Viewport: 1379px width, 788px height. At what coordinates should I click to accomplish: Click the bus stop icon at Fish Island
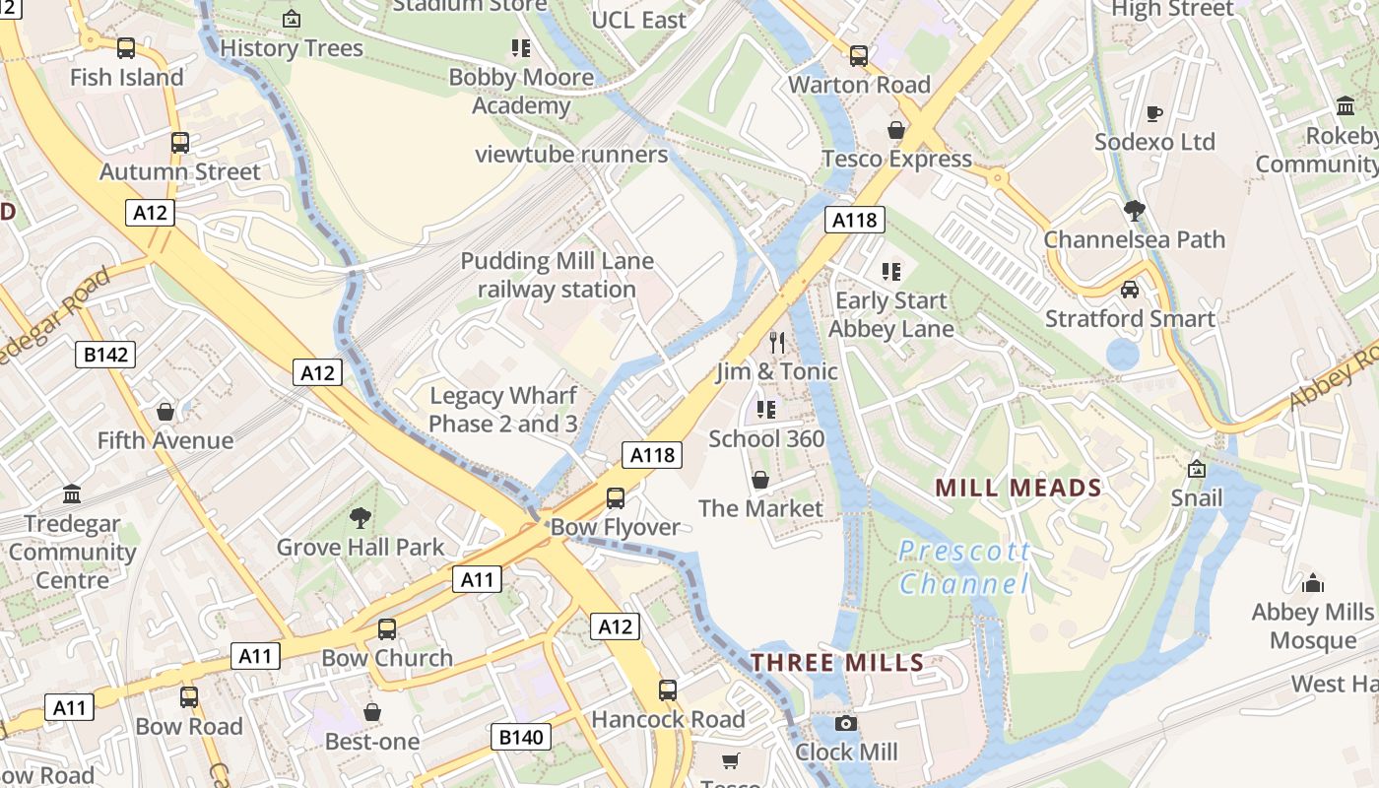click(x=126, y=47)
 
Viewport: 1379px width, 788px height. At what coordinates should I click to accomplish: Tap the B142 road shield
click(x=105, y=355)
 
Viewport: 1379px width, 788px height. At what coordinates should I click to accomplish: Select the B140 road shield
click(x=520, y=737)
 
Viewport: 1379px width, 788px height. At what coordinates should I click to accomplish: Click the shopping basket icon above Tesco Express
click(x=896, y=130)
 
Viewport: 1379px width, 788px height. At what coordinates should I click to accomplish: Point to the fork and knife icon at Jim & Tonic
click(x=778, y=343)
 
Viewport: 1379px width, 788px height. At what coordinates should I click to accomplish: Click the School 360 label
click(x=766, y=438)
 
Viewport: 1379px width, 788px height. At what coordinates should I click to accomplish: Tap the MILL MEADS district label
click(x=1018, y=488)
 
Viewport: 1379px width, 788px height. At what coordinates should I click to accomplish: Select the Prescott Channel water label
click(x=964, y=567)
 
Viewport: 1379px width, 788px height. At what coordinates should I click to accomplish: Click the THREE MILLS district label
click(x=837, y=662)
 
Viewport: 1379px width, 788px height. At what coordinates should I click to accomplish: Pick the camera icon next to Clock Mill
click(x=845, y=724)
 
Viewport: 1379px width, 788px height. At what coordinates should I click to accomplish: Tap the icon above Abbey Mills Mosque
click(x=1312, y=583)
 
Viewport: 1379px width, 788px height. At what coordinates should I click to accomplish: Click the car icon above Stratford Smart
click(x=1130, y=290)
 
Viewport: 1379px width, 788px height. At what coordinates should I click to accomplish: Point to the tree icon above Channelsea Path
click(x=1134, y=210)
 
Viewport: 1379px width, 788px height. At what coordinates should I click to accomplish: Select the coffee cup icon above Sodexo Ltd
click(x=1154, y=113)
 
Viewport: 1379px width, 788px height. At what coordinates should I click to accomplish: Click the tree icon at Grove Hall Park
click(x=361, y=518)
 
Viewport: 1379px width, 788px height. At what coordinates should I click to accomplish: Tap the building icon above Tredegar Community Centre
click(x=72, y=493)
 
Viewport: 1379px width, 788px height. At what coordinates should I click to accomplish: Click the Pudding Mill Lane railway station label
click(x=558, y=275)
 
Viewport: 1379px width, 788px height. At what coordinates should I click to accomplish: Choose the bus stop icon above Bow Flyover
click(x=616, y=497)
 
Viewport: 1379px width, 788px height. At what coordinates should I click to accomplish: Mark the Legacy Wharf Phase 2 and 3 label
click(x=503, y=410)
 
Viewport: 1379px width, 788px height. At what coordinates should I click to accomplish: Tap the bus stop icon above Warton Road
click(x=859, y=56)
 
